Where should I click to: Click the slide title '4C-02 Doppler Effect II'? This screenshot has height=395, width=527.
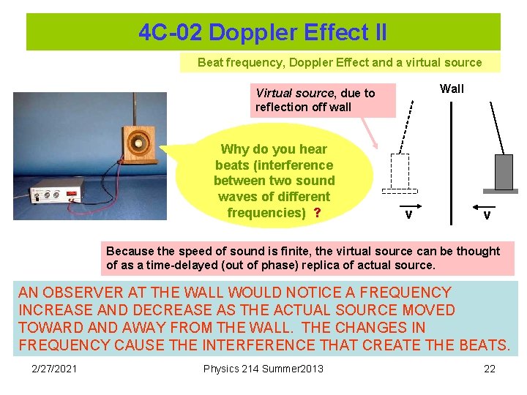tap(263, 32)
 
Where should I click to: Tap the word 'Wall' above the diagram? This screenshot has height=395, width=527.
tap(452, 89)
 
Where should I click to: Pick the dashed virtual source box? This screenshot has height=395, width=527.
tap(399, 173)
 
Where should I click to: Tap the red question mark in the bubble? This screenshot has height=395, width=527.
tap(317, 213)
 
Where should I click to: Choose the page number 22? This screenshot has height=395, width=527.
tap(490, 368)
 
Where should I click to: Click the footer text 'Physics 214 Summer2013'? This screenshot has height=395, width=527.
tap(263, 368)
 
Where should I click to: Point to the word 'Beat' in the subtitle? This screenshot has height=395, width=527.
tap(211, 62)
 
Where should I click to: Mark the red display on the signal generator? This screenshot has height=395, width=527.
tap(72, 195)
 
